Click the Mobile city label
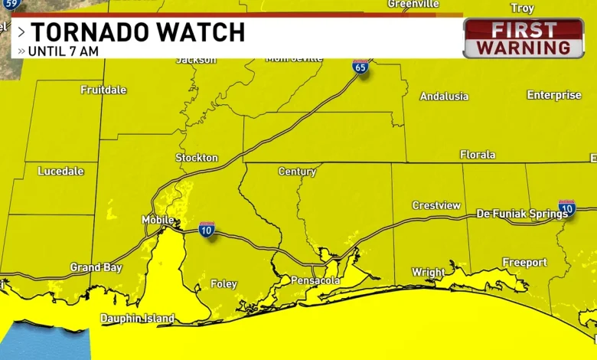click(158, 220)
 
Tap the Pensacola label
click(315, 281)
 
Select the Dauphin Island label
click(138, 319)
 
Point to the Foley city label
click(223, 284)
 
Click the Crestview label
click(436, 205)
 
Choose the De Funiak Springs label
click(522, 214)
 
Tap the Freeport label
click(524, 263)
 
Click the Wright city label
click(429, 272)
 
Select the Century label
click(297, 172)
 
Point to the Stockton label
click(197, 158)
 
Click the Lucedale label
click(60, 172)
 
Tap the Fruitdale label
click(103, 90)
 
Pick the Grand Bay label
click(96, 267)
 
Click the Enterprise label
click(553, 95)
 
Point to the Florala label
click(478, 155)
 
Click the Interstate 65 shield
click(360, 66)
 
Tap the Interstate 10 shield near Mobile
click(207, 228)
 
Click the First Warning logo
click(524, 38)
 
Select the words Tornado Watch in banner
click(138, 32)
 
